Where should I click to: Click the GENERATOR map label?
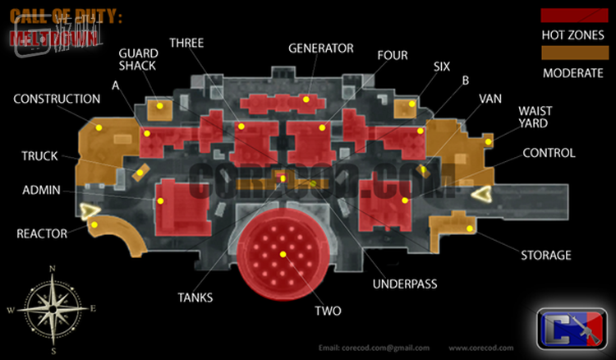(x=321, y=48)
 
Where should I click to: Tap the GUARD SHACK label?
(x=137, y=59)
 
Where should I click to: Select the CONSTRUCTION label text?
(x=57, y=99)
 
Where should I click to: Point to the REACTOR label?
(x=42, y=234)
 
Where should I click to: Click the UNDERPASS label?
(x=404, y=284)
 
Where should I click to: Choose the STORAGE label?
(x=545, y=255)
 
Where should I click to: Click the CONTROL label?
(x=549, y=153)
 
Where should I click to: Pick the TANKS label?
(x=195, y=298)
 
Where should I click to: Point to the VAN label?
(x=490, y=98)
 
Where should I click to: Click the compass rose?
(x=53, y=308)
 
